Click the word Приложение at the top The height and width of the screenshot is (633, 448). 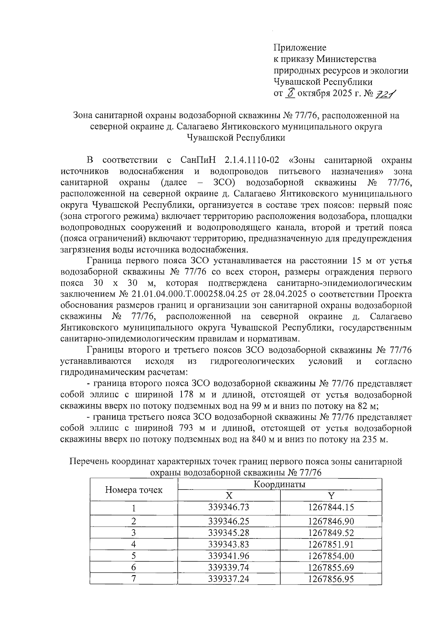coord(300,48)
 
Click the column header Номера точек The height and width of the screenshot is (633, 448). coord(134,490)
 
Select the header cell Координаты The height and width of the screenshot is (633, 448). coord(280,485)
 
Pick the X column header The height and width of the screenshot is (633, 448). coord(229,496)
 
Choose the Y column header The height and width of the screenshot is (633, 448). coord(331,496)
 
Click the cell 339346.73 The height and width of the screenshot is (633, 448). coord(228,508)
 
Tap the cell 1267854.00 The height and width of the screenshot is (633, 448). coord(331,556)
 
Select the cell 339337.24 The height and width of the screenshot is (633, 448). coord(228,579)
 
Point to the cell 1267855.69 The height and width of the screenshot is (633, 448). coord(331,568)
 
